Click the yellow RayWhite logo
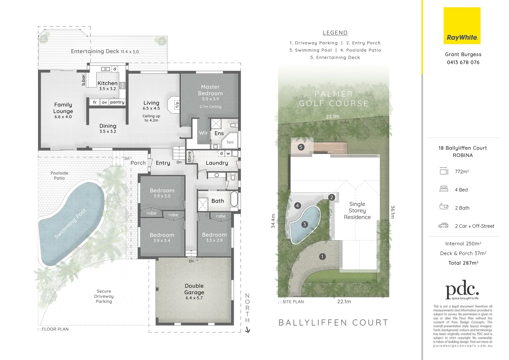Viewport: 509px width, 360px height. click(x=462, y=26)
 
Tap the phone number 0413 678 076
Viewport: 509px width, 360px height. click(x=463, y=62)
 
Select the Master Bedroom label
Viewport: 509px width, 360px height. click(x=210, y=90)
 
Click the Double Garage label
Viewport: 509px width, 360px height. click(x=194, y=289)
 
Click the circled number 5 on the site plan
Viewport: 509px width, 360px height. click(x=301, y=147)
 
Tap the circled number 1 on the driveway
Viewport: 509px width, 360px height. click(x=322, y=256)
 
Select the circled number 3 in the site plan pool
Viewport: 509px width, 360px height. click(x=304, y=224)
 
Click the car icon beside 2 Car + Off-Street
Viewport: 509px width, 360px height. click(x=443, y=226)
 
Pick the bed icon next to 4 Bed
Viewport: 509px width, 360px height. click(x=443, y=189)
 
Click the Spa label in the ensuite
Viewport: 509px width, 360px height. click(x=230, y=142)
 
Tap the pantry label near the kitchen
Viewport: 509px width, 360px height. click(x=117, y=102)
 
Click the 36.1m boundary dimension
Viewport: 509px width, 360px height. click(x=392, y=212)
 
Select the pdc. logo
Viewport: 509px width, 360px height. click(x=462, y=291)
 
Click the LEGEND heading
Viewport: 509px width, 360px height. click(x=335, y=33)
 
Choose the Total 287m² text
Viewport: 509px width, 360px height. click(x=463, y=263)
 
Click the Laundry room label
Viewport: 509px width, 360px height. click(x=217, y=163)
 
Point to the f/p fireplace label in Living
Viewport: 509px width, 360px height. click(x=177, y=104)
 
